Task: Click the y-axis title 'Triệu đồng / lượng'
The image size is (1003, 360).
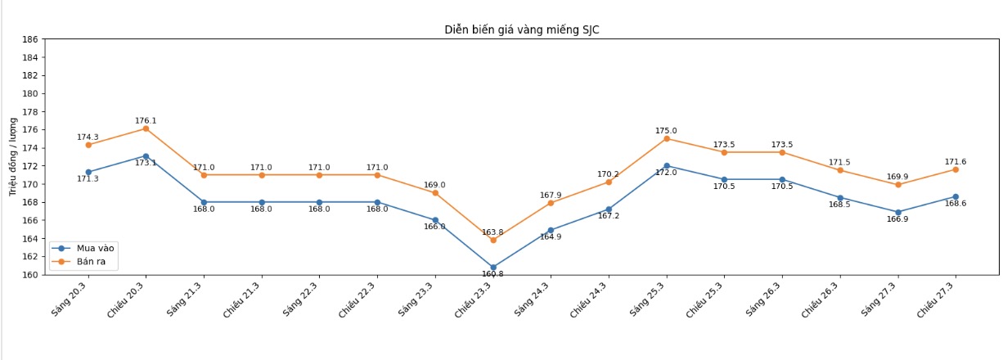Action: point(12,156)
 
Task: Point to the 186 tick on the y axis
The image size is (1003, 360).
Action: point(30,39)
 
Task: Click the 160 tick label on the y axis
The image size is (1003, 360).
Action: point(30,275)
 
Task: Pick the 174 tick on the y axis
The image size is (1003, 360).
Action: point(30,148)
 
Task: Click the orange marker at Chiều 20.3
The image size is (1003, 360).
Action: point(146,128)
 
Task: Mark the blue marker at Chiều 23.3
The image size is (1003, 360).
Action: point(493,268)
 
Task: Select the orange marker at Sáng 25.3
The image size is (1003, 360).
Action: point(666,138)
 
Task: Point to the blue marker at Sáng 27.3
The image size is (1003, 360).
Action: point(897,212)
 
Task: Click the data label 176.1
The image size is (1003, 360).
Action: point(146,120)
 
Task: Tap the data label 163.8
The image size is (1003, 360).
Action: point(493,232)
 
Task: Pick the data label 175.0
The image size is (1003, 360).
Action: point(666,130)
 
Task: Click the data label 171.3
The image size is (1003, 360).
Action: point(88,178)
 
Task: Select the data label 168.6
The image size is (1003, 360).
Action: point(956,203)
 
